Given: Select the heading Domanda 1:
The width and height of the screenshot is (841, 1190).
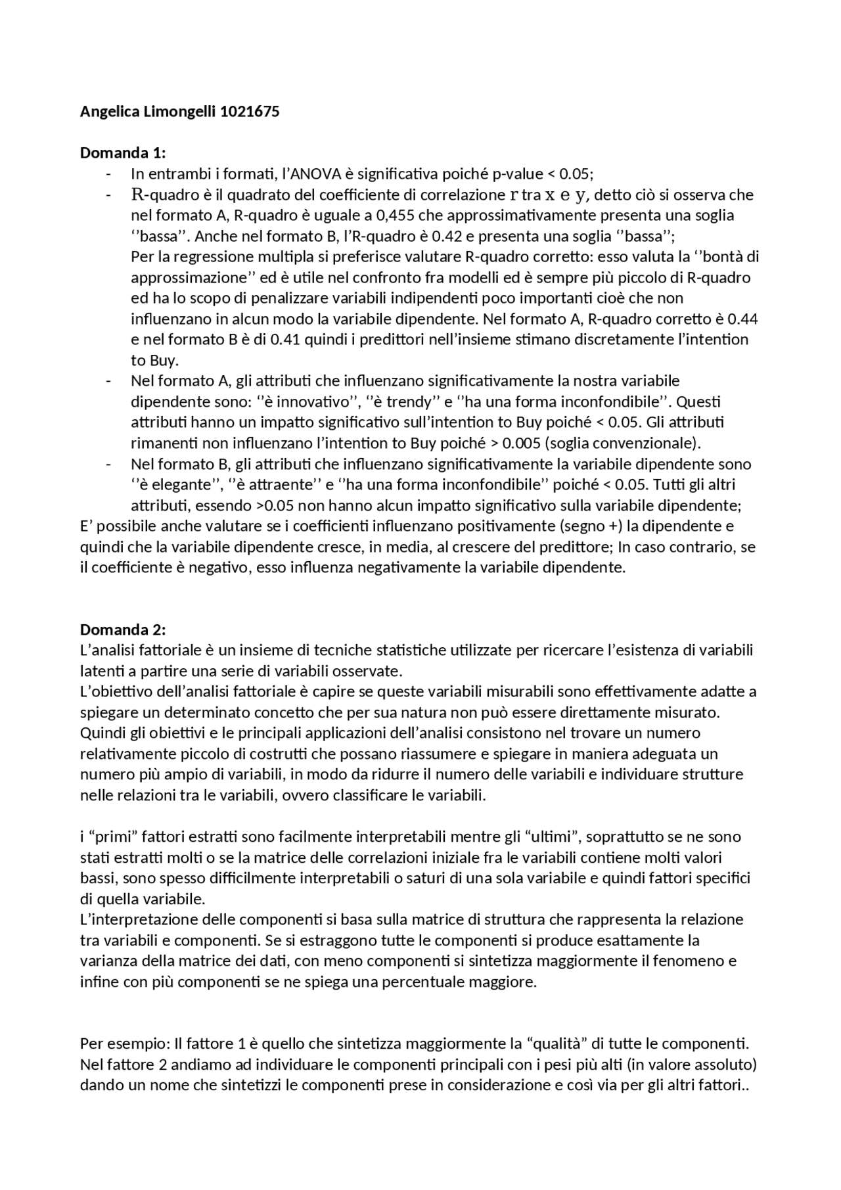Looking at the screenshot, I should [x=123, y=153].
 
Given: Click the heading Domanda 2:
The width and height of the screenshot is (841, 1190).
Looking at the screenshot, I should [x=123, y=629].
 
